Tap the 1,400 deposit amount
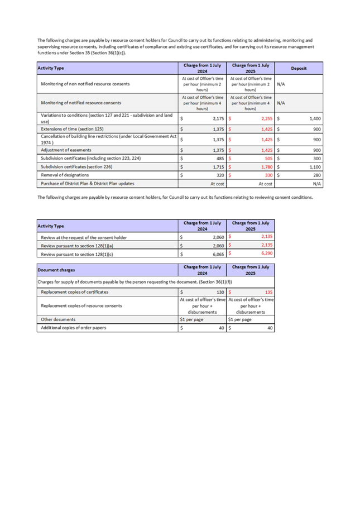[314, 119]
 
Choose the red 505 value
[265, 159]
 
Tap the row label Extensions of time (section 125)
[69, 129]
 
